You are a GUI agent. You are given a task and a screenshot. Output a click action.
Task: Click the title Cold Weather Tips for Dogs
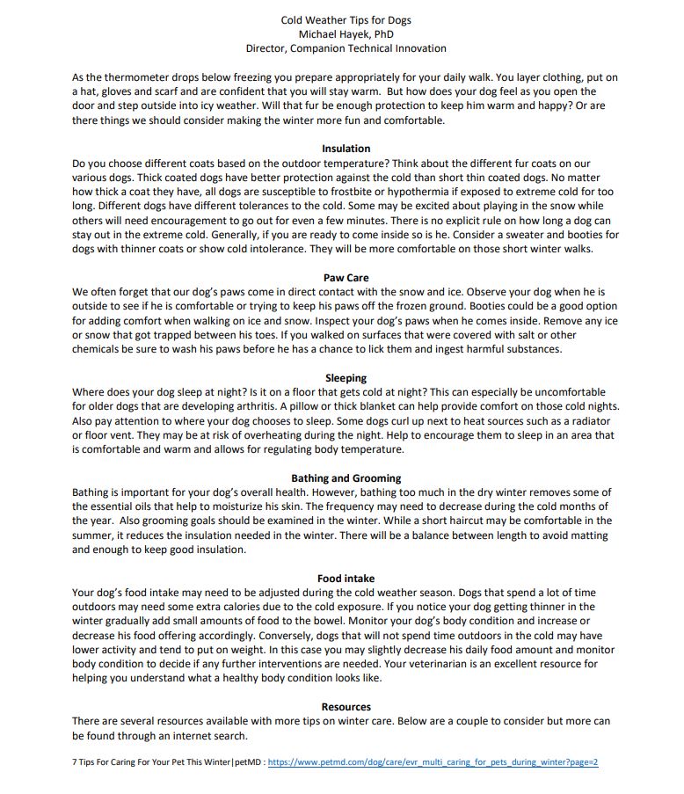(x=346, y=20)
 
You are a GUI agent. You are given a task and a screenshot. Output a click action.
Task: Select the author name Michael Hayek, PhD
(x=346, y=34)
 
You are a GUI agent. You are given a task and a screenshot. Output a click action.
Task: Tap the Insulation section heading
(x=346, y=149)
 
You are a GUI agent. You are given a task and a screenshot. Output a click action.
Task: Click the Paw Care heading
(x=346, y=278)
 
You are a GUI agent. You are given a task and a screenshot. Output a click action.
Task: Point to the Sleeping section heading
(x=346, y=378)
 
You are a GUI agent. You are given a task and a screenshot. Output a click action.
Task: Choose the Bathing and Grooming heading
(x=346, y=478)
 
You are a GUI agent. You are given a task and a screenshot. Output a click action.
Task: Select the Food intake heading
(x=346, y=579)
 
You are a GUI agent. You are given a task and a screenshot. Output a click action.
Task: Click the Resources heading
(x=346, y=707)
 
